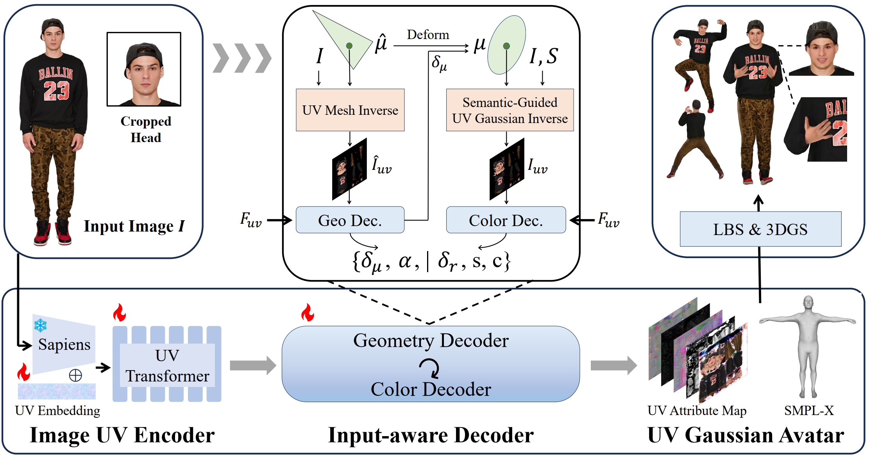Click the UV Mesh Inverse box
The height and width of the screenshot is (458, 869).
[x=350, y=110]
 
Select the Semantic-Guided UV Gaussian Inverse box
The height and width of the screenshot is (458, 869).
[x=510, y=110]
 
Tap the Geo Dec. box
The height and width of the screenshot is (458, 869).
[x=350, y=220]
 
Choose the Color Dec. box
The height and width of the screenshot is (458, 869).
[x=506, y=220]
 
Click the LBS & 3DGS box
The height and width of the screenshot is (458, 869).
[x=760, y=229]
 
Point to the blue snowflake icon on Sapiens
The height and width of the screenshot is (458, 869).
[x=40, y=325]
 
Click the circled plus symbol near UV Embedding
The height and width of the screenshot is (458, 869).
[x=75, y=375]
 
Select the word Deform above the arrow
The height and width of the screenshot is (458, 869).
[x=428, y=35]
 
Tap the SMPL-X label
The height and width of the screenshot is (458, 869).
[x=809, y=410]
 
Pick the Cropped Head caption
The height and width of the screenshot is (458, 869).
[x=146, y=129]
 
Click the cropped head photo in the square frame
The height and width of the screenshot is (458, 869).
[x=144, y=69]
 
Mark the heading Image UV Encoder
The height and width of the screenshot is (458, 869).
[x=122, y=435]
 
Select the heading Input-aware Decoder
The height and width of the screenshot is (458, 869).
[x=431, y=435]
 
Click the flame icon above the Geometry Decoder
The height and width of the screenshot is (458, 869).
[x=308, y=312]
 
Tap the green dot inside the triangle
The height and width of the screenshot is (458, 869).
[x=349, y=46]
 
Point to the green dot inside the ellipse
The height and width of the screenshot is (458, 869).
[x=506, y=46]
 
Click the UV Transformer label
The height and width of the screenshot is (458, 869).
[x=167, y=365]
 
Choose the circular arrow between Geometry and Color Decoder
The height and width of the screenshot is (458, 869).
[x=430, y=369]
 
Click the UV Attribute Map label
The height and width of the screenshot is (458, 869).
[x=697, y=410]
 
